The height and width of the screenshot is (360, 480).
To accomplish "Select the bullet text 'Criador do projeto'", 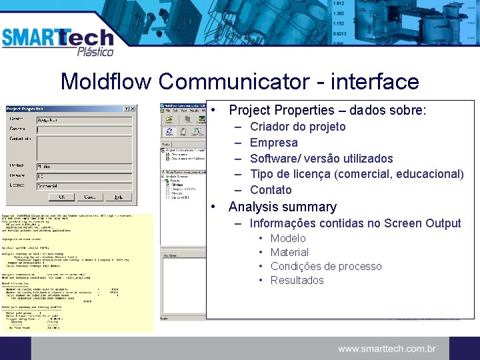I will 297,127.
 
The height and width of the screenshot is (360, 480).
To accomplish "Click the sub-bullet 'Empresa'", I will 273,143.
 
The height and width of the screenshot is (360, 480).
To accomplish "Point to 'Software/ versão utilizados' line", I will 321,159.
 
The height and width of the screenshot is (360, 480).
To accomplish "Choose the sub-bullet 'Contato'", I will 271,191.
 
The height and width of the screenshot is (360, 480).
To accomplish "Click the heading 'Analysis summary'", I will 282,207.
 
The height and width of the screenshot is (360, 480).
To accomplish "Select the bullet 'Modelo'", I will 288,239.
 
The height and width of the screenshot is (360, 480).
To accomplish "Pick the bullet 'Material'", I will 289,253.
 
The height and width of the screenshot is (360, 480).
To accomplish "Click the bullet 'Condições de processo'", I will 326,267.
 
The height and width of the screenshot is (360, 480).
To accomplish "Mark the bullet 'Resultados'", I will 297,281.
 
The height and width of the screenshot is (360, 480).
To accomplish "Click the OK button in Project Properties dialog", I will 62,197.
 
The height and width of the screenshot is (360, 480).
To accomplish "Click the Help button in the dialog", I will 118,197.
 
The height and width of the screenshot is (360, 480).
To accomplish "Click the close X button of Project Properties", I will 133,109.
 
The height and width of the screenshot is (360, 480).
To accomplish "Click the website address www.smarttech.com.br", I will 387,349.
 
